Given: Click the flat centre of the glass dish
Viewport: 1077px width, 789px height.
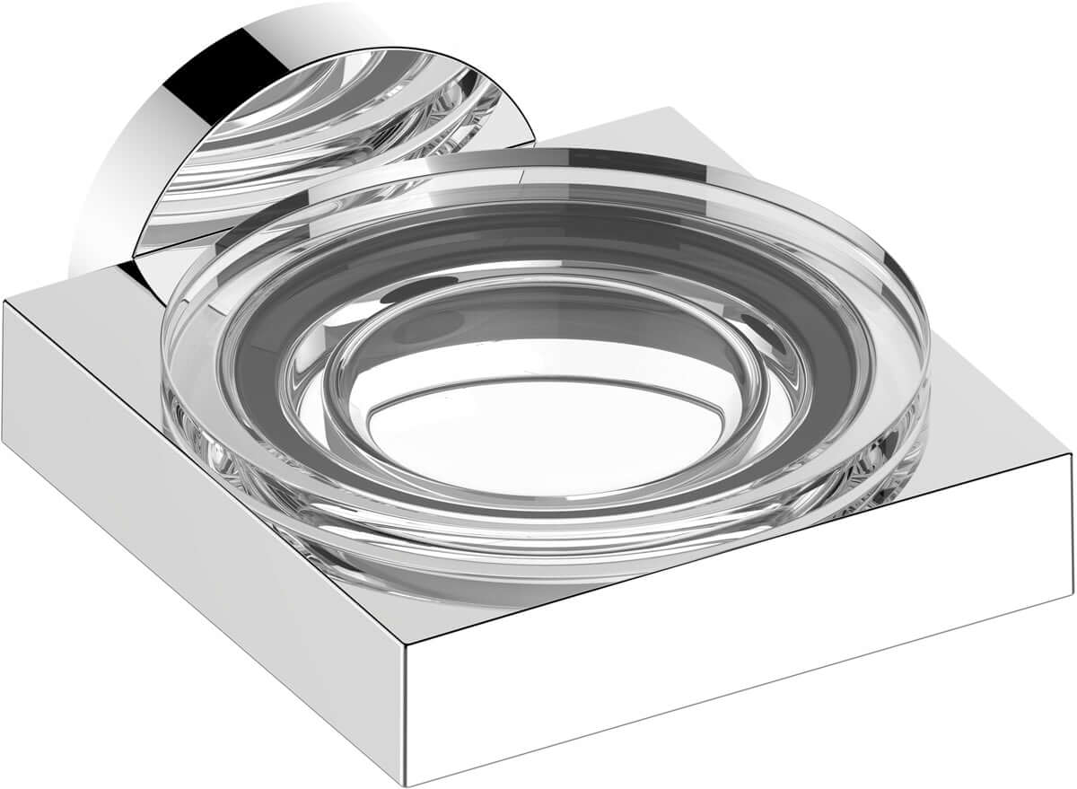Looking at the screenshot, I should pos(530,431).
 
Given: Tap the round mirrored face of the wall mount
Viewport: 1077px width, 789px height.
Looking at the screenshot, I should pos(341,135).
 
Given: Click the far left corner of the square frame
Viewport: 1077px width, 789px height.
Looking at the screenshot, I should pos(4,305).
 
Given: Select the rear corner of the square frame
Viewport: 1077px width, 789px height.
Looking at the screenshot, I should pos(666,110).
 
